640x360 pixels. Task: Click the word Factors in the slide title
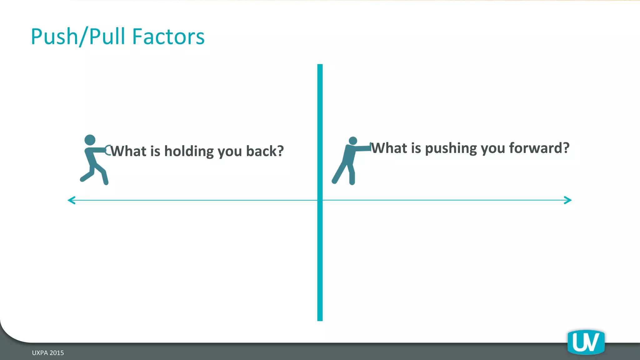point(168,37)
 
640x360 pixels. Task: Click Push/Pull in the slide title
point(79,37)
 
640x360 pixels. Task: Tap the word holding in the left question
point(189,151)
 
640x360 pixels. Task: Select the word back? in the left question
point(265,151)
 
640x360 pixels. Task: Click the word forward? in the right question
point(539,148)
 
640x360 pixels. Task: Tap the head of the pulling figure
point(90,140)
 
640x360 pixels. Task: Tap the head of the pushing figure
point(353,141)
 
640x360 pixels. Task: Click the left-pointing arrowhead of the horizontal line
point(72,200)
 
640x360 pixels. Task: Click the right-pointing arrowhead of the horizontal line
point(568,200)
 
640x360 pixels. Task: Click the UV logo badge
point(586,342)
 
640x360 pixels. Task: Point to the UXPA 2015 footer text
point(48,353)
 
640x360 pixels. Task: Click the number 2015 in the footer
point(57,353)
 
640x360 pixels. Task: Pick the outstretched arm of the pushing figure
point(362,148)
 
